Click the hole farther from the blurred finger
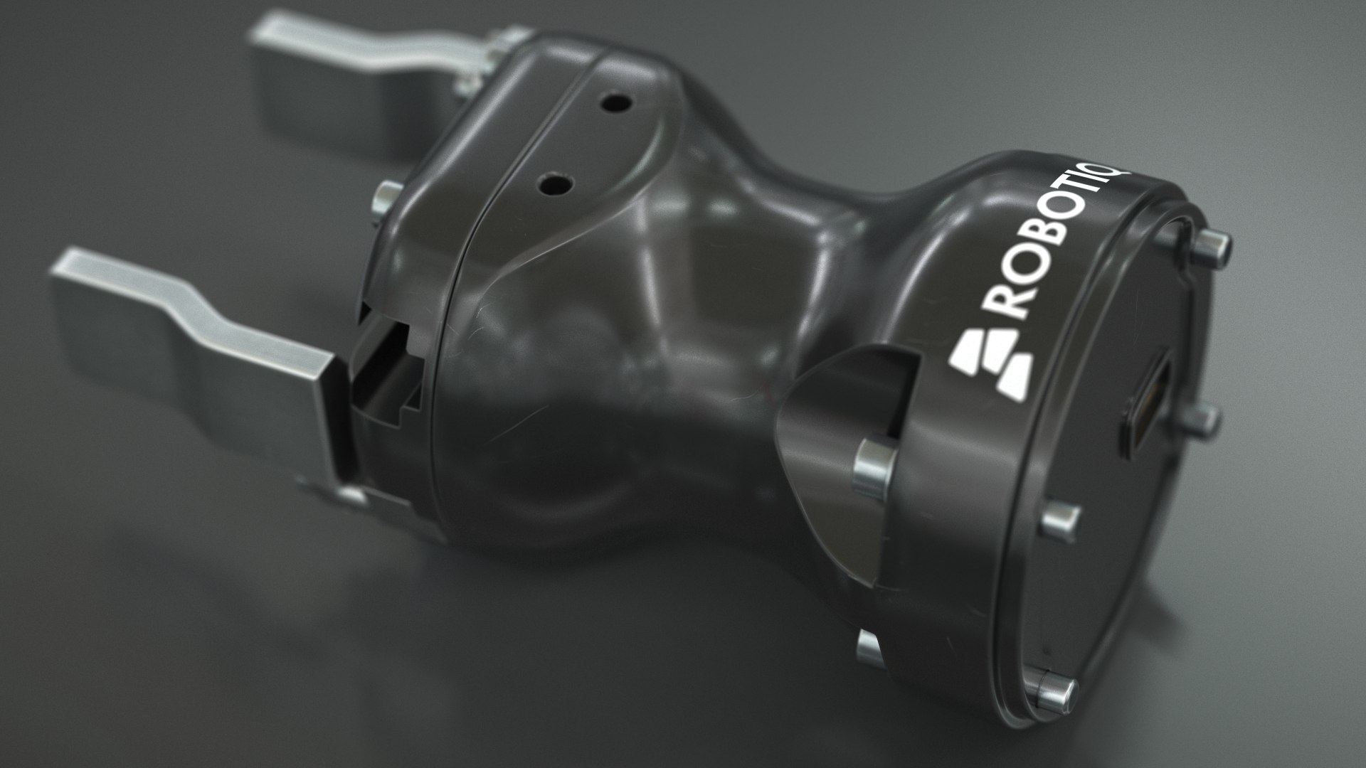point(553,185)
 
